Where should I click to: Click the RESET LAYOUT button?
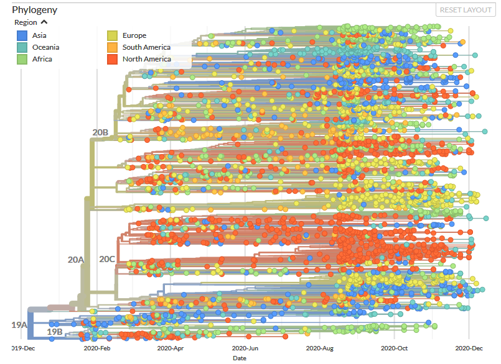466,10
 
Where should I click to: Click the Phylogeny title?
34,10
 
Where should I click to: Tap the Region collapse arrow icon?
44,22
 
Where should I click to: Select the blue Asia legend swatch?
22,35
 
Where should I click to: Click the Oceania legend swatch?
22,47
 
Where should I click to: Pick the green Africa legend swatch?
22,59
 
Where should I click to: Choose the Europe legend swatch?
112,35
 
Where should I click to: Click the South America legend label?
146,47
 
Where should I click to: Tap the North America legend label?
147,59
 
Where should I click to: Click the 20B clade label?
100,132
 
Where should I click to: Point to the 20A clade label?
76,260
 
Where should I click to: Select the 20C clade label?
107,259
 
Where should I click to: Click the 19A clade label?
19,325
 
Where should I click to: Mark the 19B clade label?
55,332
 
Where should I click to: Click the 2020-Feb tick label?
97,348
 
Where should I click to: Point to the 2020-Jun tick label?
245,348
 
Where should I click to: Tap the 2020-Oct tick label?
395,348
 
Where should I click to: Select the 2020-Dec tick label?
469,348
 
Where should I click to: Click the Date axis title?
240,358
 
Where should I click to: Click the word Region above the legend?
26,22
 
